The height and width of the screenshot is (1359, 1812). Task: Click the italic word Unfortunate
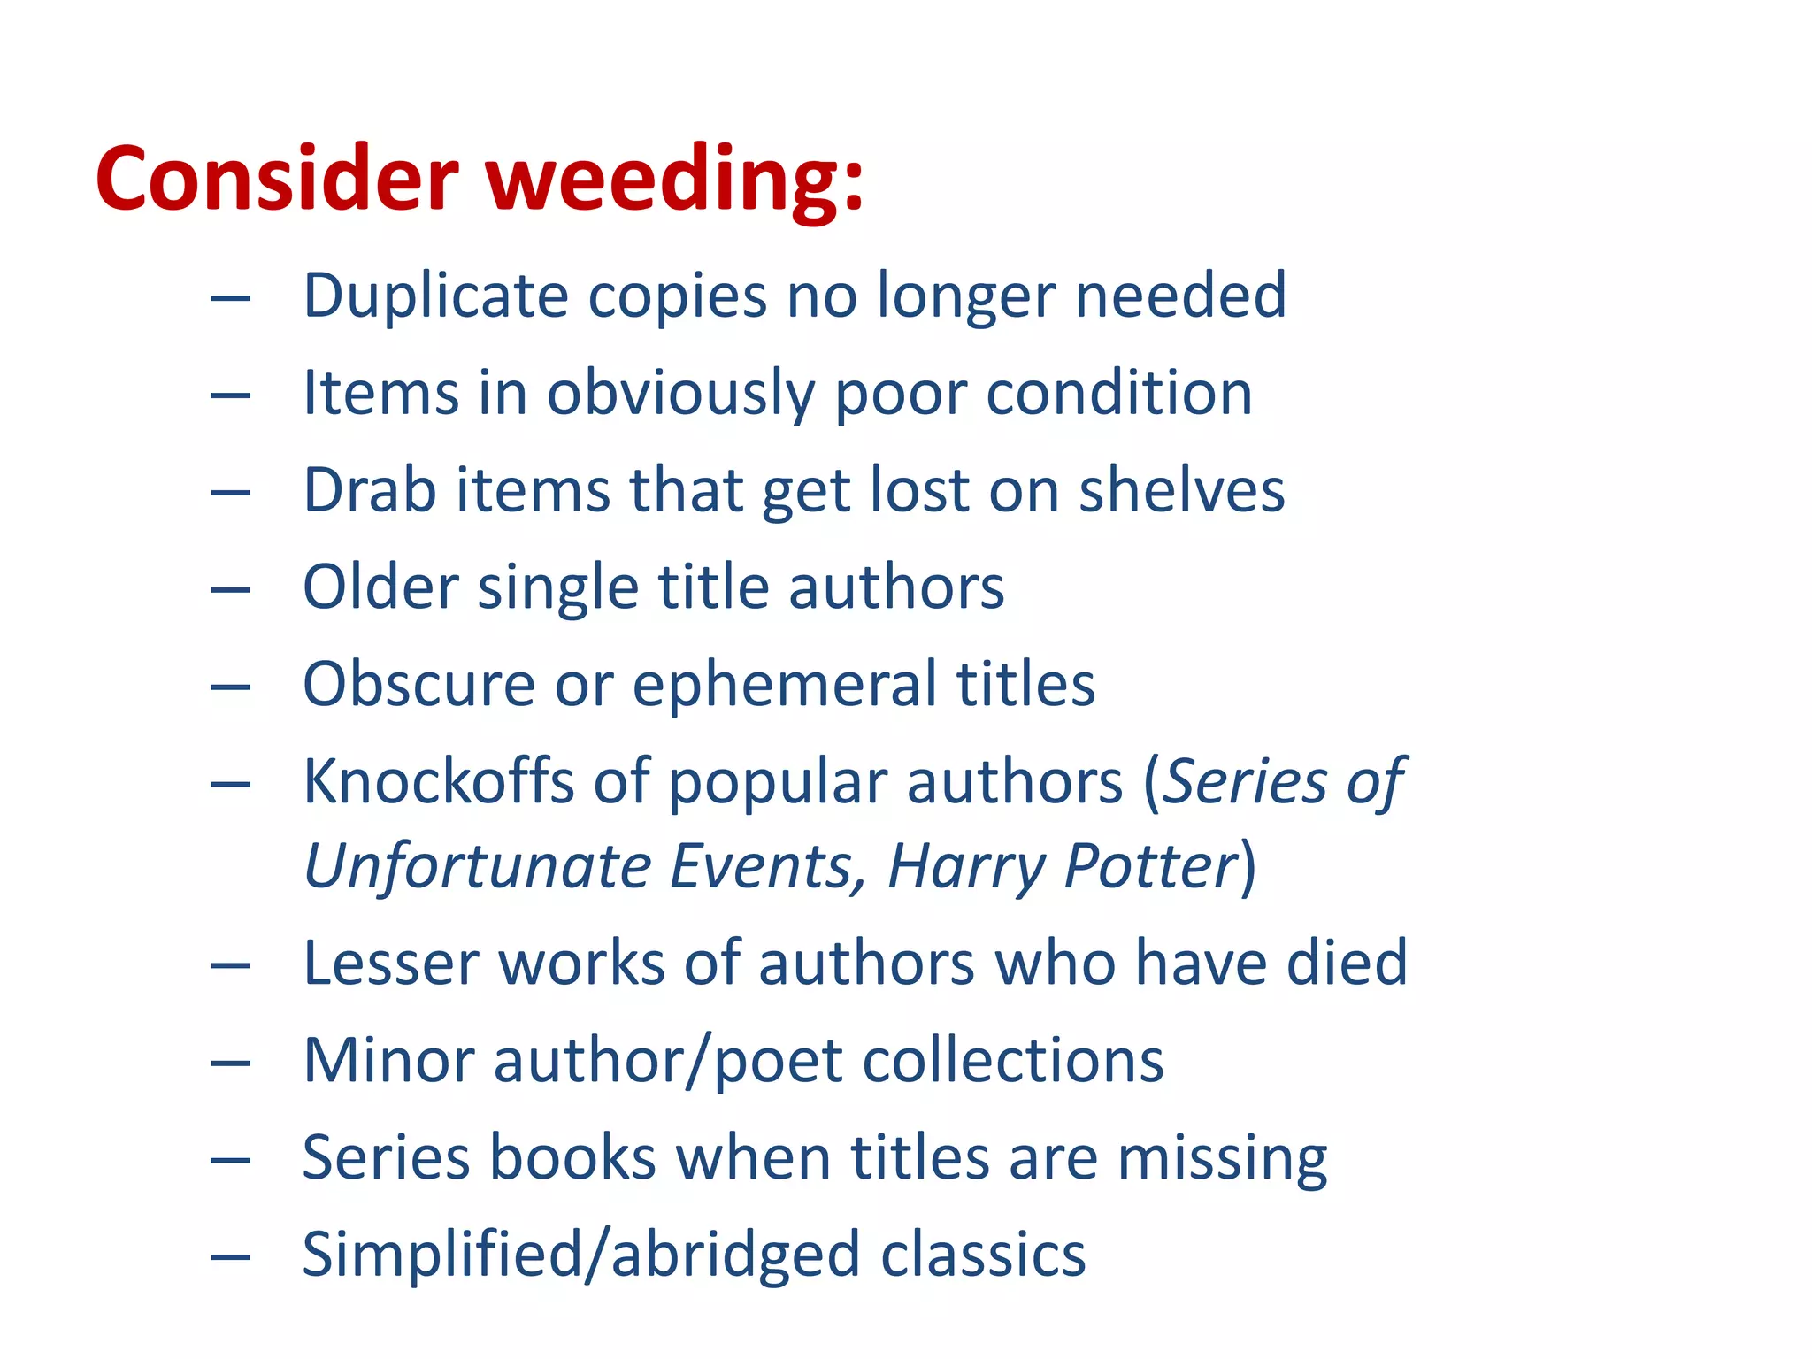[x=478, y=866]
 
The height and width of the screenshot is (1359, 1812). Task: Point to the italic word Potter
[x=1151, y=866]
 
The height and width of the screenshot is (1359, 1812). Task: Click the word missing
[x=1222, y=1159]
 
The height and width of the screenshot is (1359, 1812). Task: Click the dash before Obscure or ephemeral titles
[x=230, y=687]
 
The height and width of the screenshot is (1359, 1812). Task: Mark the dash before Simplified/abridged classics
[x=230, y=1256]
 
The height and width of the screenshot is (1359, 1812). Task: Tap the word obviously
[x=680, y=394]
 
